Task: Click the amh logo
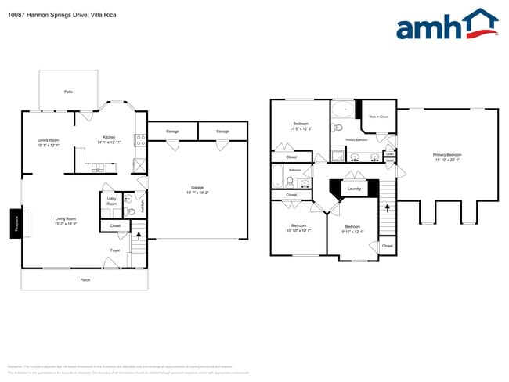pos(447,25)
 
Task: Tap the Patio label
pos(68,92)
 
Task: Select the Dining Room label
pos(49,143)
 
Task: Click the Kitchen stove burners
pos(140,141)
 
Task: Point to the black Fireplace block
pos(15,222)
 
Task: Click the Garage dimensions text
pos(197,192)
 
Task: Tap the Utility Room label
pos(111,202)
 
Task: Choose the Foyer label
pos(114,250)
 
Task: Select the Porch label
pos(85,279)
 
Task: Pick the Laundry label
pos(353,188)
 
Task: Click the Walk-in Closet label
pos(379,117)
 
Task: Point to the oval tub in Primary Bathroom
pos(341,110)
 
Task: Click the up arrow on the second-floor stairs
pos(386,208)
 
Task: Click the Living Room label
pos(65,222)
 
